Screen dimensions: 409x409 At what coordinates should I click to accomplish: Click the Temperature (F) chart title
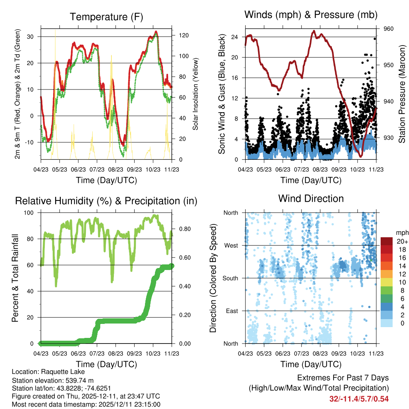pos(106,17)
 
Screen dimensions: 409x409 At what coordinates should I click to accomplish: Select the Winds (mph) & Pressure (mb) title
pos(311,15)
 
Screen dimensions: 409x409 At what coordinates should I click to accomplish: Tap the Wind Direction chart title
pos(311,198)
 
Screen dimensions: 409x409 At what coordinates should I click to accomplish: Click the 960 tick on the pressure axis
pos(389,29)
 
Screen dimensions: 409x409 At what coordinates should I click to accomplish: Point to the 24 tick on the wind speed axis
pos(235,37)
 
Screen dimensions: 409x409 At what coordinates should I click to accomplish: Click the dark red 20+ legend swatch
pos(387,241)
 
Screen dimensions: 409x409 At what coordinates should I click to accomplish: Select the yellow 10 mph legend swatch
pos(387,282)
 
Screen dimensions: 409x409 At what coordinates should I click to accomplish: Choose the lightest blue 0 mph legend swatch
pos(387,323)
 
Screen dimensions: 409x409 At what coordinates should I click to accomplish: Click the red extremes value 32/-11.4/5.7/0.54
pos(359,399)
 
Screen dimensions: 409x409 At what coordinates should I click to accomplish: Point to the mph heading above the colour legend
pos(401,232)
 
